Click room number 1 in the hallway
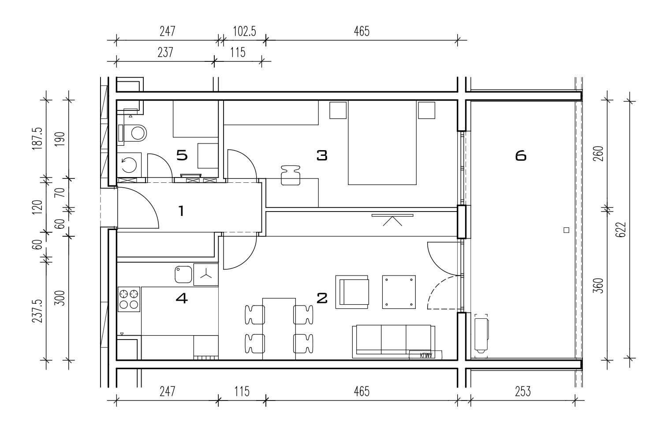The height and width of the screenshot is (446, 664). (181, 211)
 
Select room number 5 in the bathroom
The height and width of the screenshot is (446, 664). (182, 155)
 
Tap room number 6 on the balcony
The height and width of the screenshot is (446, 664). (521, 155)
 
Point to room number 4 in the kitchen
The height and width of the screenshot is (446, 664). (182, 298)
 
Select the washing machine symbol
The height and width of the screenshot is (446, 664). (129, 165)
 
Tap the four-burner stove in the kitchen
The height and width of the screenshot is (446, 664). (129, 299)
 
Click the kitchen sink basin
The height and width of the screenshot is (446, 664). (183, 274)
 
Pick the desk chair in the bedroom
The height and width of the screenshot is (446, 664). (291, 175)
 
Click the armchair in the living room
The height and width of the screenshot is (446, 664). (352, 292)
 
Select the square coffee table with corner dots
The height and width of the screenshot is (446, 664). (399, 292)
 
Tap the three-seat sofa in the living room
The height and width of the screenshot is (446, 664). (394, 341)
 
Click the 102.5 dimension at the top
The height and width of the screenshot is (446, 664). (244, 31)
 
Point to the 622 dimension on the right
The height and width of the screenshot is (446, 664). (620, 230)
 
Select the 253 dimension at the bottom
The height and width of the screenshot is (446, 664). (522, 392)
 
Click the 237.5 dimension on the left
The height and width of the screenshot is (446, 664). (37, 311)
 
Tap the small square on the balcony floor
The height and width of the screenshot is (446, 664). (566, 230)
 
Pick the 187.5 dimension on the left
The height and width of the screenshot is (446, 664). (37, 139)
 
